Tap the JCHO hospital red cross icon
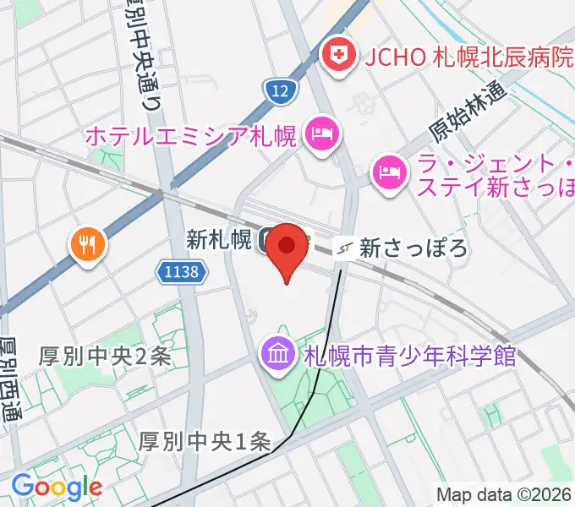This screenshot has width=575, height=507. [x=340, y=57]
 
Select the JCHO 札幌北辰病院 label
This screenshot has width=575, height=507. [x=468, y=57]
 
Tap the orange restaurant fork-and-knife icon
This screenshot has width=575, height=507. [x=88, y=245]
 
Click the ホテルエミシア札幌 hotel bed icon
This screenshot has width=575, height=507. [x=321, y=133]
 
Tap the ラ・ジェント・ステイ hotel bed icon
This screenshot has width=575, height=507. [x=389, y=172]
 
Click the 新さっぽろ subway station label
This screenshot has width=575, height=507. [x=413, y=248]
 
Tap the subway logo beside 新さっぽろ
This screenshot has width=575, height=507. [x=343, y=248]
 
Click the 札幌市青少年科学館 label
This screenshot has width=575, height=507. [x=409, y=356]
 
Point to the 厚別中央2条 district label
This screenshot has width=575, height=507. [x=105, y=357]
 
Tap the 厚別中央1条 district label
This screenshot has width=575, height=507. [x=205, y=441]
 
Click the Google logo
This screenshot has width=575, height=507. [x=57, y=486]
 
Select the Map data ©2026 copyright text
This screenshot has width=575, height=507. [x=504, y=494]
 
